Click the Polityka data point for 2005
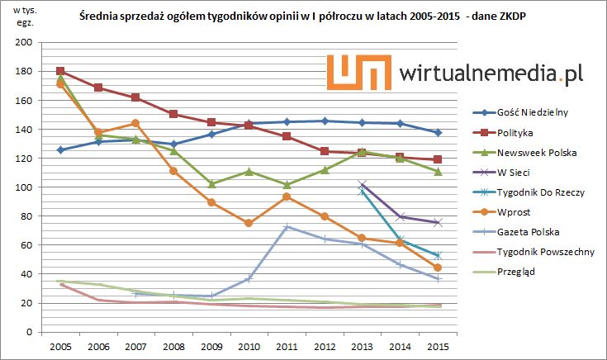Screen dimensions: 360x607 coord(60,71)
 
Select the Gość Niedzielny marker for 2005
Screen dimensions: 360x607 coord(60,149)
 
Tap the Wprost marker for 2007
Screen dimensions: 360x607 coord(135,124)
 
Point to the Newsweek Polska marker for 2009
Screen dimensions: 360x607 coord(211,183)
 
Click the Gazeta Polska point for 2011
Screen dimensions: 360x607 coord(287,226)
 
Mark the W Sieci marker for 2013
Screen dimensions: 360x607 coord(362,184)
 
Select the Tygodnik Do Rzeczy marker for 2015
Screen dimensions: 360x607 coord(438,255)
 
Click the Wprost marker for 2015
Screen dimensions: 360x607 coord(438,268)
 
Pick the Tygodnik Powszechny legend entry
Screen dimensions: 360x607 coord(543,251)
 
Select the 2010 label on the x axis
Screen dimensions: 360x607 coord(249,346)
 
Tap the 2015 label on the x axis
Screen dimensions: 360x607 coord(438,346)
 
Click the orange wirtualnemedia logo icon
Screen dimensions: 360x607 coord(358,72)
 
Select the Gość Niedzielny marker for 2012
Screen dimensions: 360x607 coord(325,121)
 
